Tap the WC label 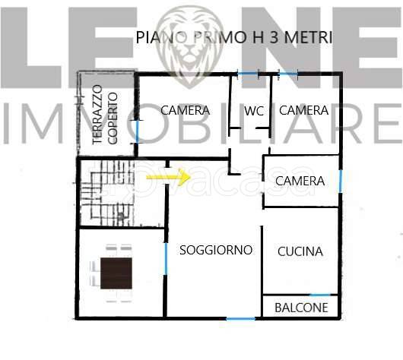click(254, 111)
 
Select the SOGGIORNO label click(215, 250)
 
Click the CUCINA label click(300, 251)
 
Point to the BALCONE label click(301, 308)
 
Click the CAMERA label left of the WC click(185, 110)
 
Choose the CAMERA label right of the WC click(303, 110)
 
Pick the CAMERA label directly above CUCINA click(300, 182)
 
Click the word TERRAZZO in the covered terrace click(97, 119)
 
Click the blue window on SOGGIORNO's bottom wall click(241, 317)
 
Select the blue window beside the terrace click(137, 130)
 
